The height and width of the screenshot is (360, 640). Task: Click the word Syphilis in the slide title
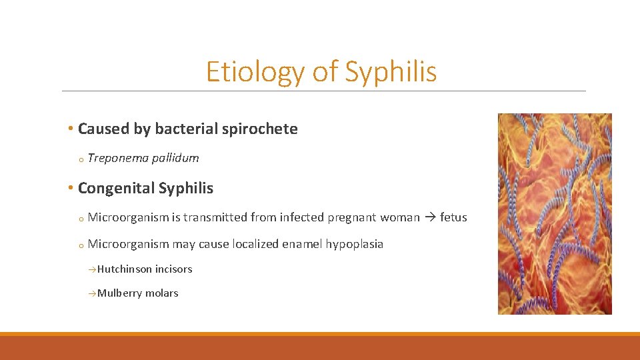click(391, 72)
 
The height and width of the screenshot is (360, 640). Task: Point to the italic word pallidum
click(175, 158)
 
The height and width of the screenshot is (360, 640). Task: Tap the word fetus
click(453, 217)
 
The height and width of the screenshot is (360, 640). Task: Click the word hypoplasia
click(354, 244)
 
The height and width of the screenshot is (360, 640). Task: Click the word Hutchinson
click(125, 269)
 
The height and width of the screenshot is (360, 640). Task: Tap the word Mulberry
click(119, 293)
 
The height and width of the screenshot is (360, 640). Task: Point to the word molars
click(163, 293)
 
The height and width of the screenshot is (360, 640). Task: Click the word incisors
click(173, 269)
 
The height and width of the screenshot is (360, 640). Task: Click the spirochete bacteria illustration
click(554, 213)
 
